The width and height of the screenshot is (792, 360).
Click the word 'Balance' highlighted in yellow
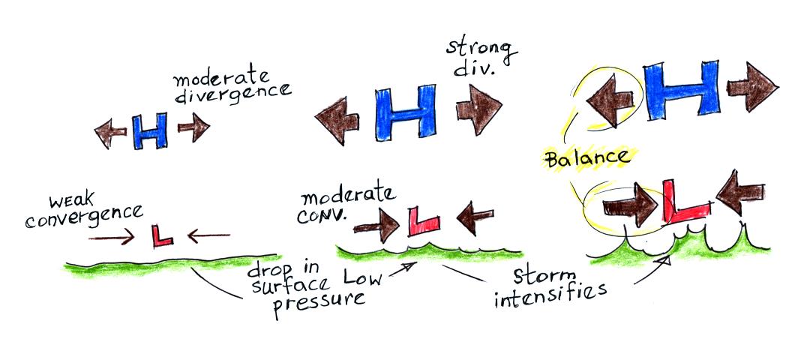click(x=587, y=158)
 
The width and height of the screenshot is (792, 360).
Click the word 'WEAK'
click(x=69, y=202)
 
